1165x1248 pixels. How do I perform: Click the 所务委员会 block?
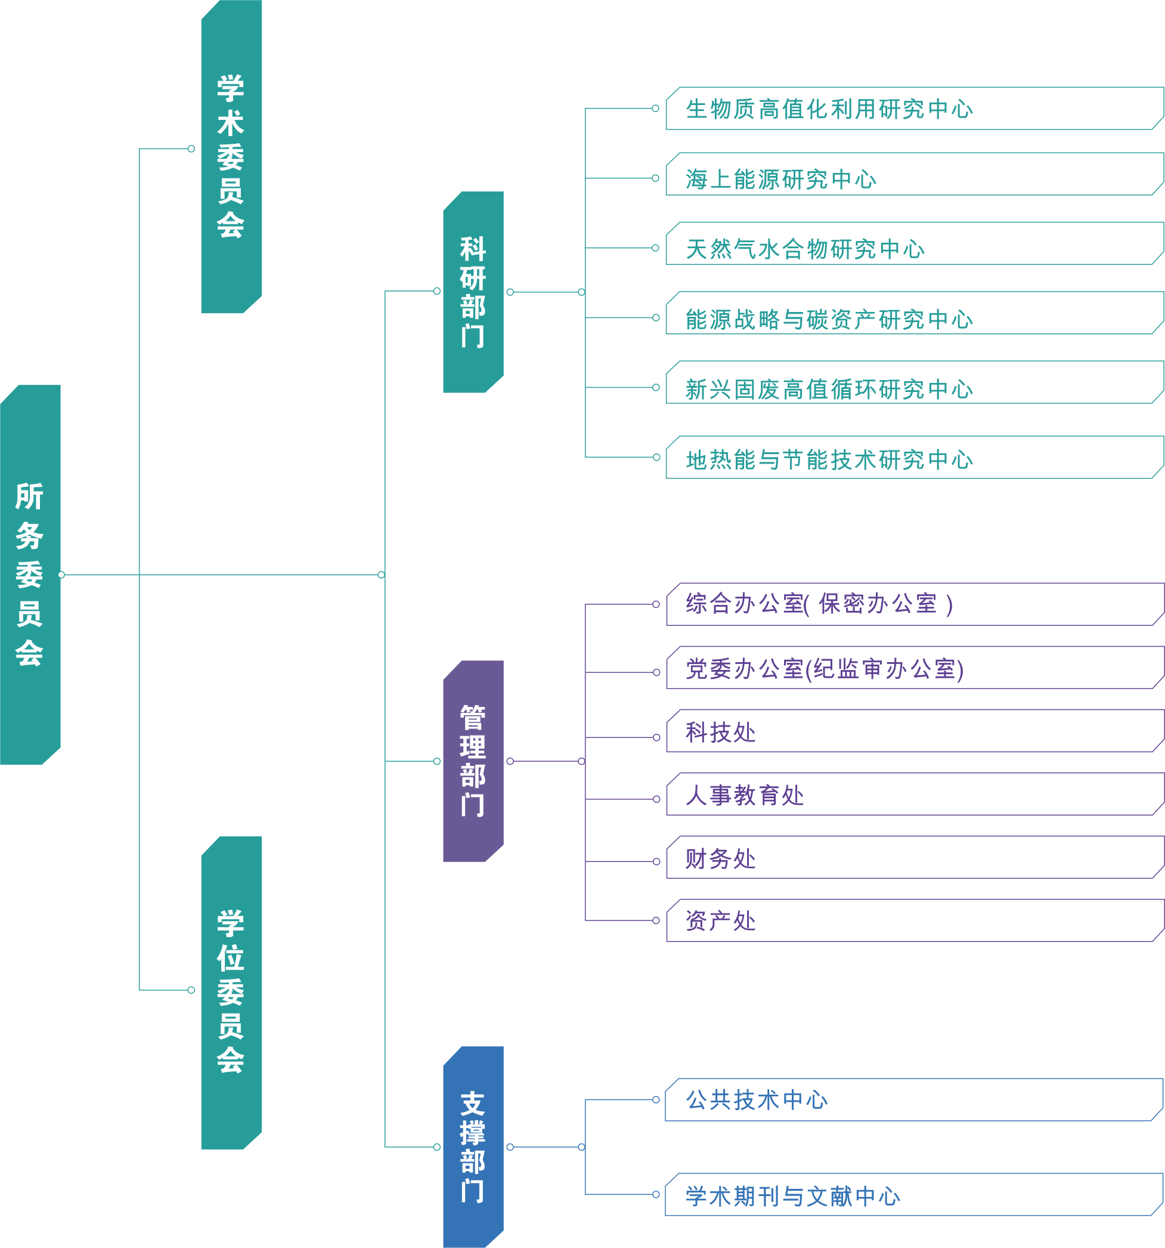point(30,574)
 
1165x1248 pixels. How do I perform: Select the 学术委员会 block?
point(231,156)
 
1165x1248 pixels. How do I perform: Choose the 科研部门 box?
point(473,292)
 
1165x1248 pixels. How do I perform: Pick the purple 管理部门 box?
point(473,761)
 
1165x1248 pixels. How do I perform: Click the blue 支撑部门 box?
point(473,1147)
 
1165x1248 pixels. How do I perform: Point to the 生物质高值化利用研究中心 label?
point(829,109)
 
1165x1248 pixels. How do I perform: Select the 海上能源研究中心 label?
point(780,180)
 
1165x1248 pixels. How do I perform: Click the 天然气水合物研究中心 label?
point(805,249)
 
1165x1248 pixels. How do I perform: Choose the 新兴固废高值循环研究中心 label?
point(829,389)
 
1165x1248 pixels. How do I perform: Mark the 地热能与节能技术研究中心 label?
point(829,459)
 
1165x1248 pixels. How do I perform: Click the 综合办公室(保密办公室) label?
point(819,604)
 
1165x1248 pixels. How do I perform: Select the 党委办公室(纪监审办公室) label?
point(825,669)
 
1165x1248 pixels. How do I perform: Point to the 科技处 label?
point(720,732)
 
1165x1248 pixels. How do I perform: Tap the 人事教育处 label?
point(745,795)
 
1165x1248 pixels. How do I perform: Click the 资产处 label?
point(720,921)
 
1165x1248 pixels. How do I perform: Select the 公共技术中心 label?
point(757,1100)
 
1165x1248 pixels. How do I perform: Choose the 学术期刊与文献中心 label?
point(792,1197)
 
